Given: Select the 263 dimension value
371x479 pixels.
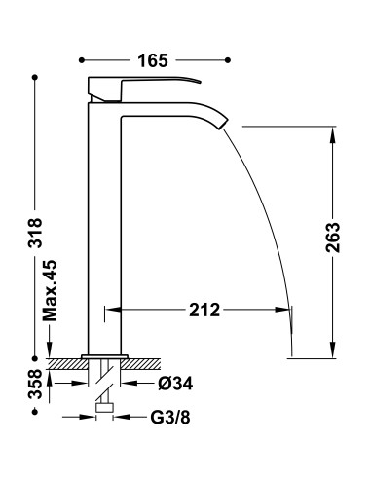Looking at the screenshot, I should coord(334,238).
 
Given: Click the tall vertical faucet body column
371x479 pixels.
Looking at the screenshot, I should coord(103,224).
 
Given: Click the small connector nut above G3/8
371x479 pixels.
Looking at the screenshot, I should coord(104,409).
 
